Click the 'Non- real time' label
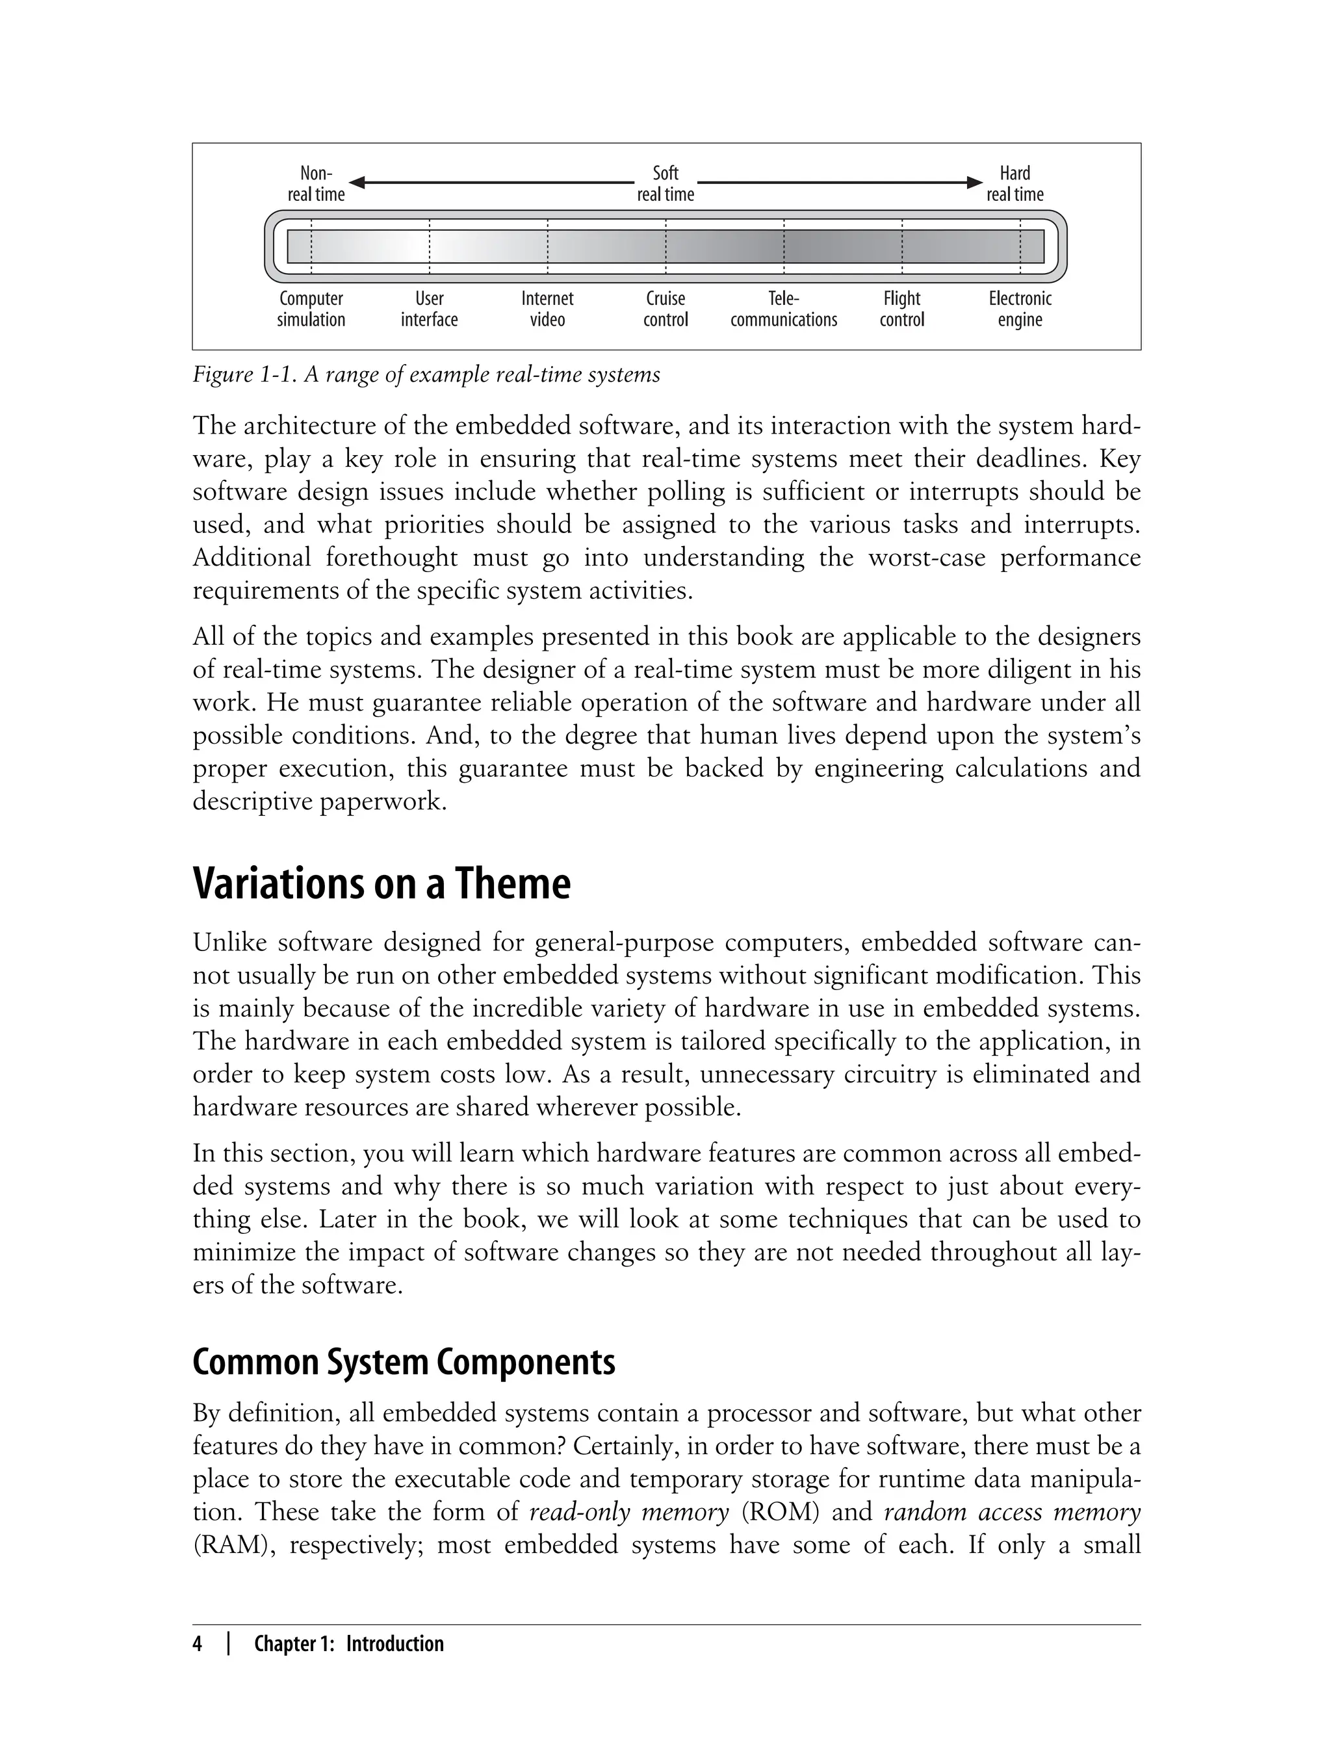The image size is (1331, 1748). [x=316, y=184]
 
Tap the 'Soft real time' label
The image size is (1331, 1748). [x=665, y=184]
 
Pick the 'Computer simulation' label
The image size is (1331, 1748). [x=311, y=309]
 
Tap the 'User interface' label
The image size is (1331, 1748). [x=429, y=309]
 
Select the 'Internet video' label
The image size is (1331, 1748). [x=547, y=309]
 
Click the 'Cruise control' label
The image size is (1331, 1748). [x=665, y=309]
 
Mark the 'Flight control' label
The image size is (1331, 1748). [x=901, y=309]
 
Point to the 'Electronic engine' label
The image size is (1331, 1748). [x=1020, y=309]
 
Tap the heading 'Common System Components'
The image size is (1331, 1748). [x=403, y=1362]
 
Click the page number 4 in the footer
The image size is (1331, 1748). [x=198, y=1644]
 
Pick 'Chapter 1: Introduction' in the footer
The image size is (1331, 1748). [x=348, y=1644]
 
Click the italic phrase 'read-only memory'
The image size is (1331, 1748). [x=628, y=1512]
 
